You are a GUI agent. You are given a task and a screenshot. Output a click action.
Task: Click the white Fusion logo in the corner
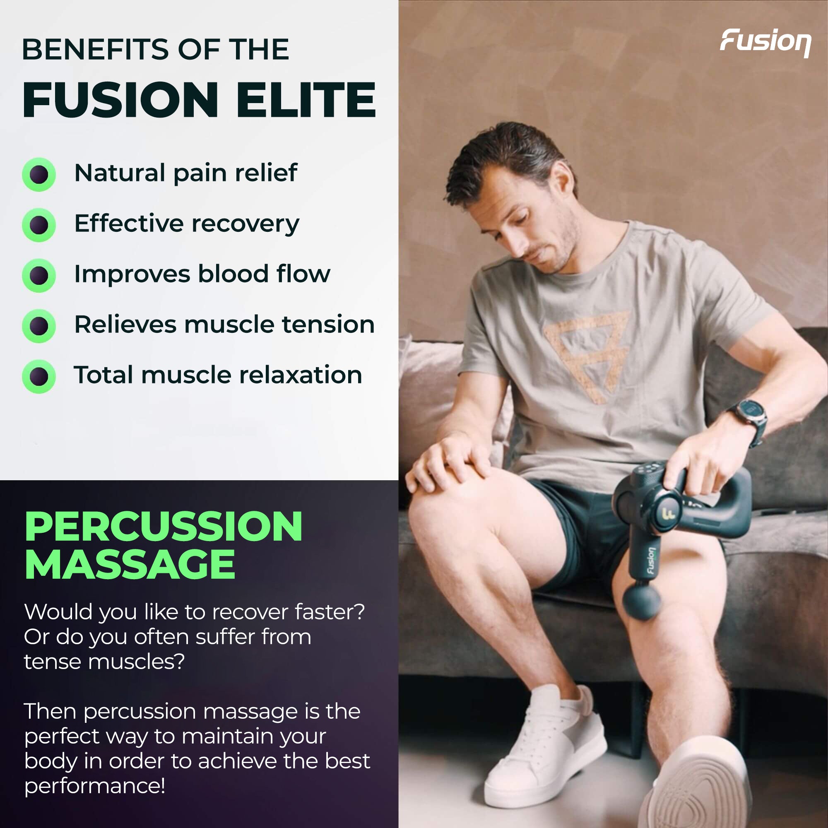click(765, 42)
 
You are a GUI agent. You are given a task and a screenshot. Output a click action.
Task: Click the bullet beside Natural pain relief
click(39, 174)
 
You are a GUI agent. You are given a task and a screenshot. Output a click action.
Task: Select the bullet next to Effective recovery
click(39, 224)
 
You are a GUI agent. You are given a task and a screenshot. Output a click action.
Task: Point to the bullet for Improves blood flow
click(39, 275)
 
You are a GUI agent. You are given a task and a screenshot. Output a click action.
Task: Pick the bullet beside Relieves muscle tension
click(39, 326)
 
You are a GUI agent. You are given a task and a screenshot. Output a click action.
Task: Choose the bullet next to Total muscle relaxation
click(39, 376)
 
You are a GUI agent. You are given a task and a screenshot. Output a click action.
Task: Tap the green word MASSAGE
click(130, 565)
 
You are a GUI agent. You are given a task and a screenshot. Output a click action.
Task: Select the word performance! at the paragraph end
click(95, 786)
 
